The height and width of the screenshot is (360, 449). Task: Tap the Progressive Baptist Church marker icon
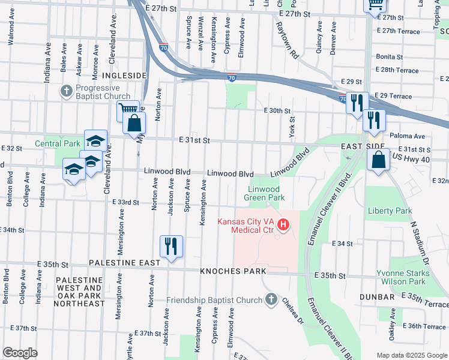pyautogui.click(x=66, y=92)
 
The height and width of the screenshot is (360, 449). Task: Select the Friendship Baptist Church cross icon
pyautogui.click(x=271, y=299)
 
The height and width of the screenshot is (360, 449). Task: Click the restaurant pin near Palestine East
pyautogui.click(x=171, y=246)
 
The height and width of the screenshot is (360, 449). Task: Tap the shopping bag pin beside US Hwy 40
pyautogui.click(x=378, y=160)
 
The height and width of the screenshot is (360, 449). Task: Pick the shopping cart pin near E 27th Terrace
pyautogui.click(x=375, y=5)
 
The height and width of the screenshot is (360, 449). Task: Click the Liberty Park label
pyautogui.click(x=391, y=211)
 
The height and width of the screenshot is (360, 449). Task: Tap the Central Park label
pyautogui.click(x=58, y=143)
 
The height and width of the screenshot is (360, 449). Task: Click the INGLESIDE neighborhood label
pyautogui.click(x=124, y=75)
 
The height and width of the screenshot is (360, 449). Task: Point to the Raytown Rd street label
pyautogui.click(x=288, y=40)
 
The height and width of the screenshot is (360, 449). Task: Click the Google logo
pyautogui.click(x=20, y=353)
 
